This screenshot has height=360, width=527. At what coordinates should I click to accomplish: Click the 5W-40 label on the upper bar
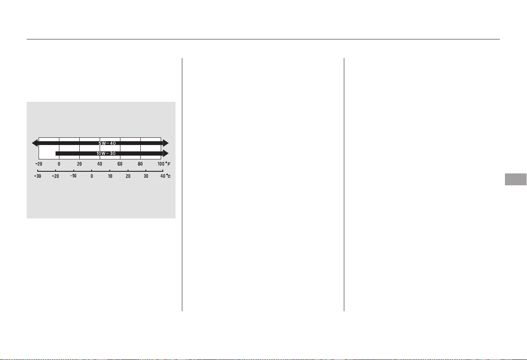point(107,143)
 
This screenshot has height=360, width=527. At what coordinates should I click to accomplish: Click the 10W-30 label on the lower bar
point(106,153)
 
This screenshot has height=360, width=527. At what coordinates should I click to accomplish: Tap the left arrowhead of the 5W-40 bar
point(35,143)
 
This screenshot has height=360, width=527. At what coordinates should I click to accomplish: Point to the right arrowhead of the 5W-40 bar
point(166,143)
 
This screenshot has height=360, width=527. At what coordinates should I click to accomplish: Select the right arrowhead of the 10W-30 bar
point(166,153)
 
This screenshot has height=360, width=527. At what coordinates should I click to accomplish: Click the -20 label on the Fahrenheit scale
point(39,164)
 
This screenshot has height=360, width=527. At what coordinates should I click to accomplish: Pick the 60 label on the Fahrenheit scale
point(120,164)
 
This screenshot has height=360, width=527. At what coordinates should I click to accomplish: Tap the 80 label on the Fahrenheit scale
point(140,164)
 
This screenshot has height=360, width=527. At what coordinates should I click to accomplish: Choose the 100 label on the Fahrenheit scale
point(161,164)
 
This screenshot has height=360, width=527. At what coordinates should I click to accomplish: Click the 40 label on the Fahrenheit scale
point(100,164)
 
